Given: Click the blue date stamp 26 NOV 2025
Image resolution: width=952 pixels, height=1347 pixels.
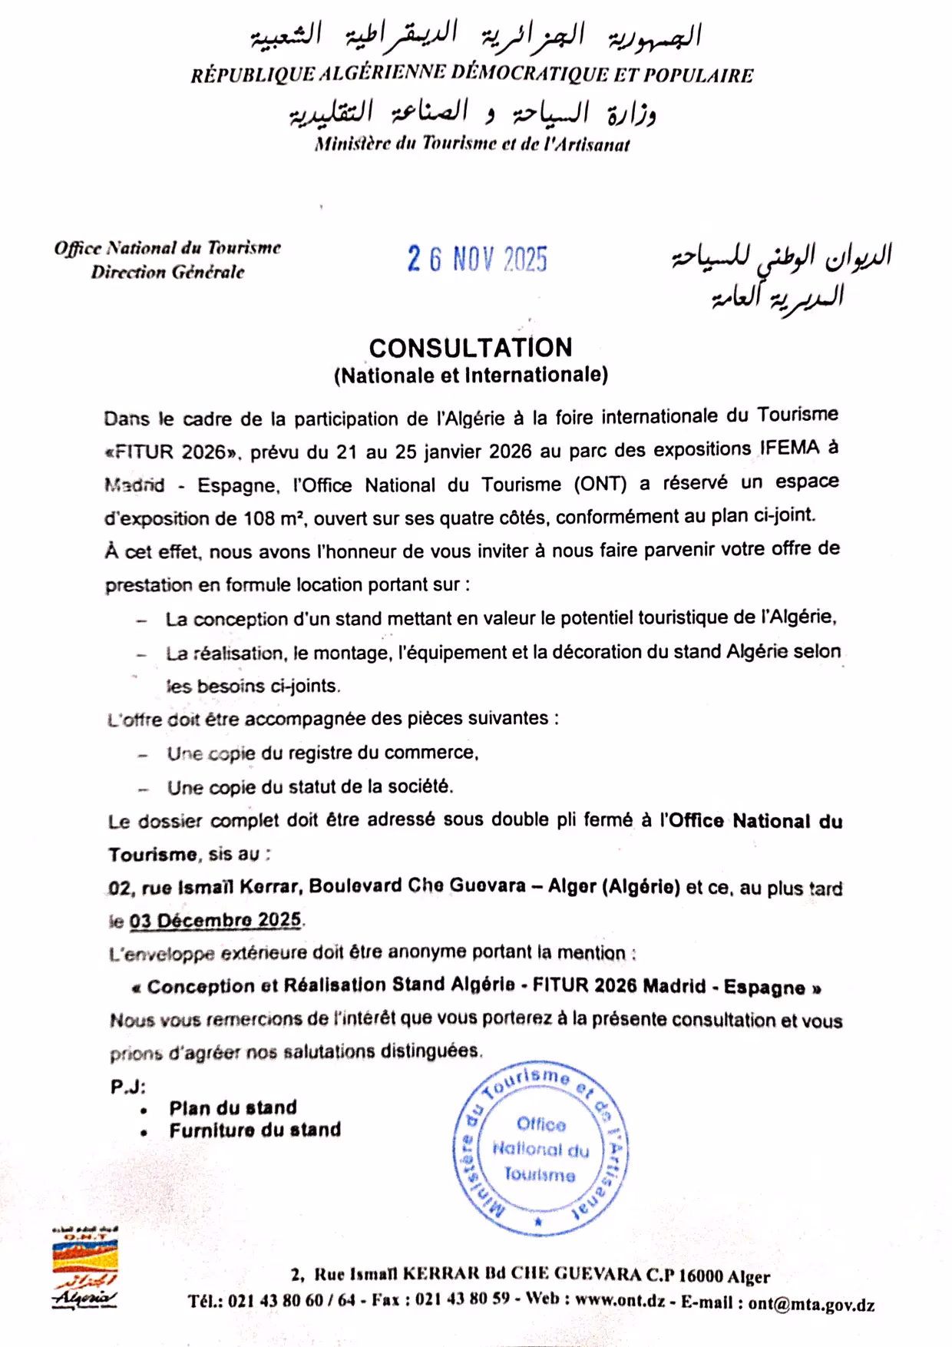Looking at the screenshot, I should click(x=477, y=260).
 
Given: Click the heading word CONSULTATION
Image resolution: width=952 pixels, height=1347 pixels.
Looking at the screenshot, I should click(x=471, y=348).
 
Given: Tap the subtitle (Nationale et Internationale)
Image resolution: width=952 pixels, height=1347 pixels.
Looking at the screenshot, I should click(x=471, y=375).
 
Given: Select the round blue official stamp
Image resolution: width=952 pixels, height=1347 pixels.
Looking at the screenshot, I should click(x=540, y=1149).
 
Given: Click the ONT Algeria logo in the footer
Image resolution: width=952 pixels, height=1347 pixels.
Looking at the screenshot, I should click(x=85, y=1267).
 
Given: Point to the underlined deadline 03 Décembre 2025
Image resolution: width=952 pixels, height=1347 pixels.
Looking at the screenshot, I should click(x=216, y=919).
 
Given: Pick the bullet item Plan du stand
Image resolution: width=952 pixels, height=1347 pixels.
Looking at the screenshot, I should click(x=233, y=1107).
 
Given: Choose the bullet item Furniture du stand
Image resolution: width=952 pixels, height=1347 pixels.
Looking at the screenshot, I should click(x=255, y=1130).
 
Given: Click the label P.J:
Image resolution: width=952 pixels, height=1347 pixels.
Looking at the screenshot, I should click(x=127, y=1087).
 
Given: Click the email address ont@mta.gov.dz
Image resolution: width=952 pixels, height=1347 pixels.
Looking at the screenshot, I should click(x=812, y=1304).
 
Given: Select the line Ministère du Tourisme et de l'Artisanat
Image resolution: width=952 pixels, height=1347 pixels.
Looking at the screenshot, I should click(x=471, y=144).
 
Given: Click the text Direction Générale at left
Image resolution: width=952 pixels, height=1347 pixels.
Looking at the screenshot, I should click(x=167, y=272).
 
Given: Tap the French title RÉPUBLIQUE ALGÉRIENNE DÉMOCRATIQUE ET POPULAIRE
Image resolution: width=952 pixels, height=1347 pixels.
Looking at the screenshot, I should click(x=471, y=75).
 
